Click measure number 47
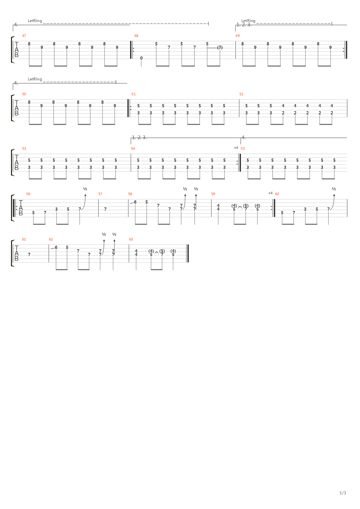[24, 36]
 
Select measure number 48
[136, 36]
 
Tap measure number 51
[133, 94]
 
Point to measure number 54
[133, 148]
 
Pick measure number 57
[100, 194]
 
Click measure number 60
[277, 194]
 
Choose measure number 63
[131, 239]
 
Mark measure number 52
[241, 94]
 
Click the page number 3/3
[342, 493]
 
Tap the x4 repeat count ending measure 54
[236, 148]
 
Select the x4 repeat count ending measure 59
[270, 193]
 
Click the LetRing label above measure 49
[248, 21]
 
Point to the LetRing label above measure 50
[35, 79]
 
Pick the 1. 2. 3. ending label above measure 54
[139, 138]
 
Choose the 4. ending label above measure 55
[244, 138]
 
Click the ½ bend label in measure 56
[85, 189]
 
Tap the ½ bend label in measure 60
[334, 189]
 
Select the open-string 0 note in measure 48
[141, 58]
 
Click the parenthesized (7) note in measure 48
[220, 48]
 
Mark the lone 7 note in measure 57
[105, 209]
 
